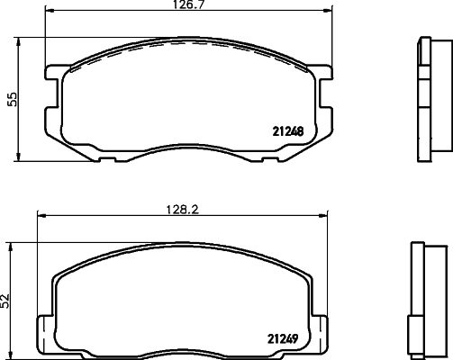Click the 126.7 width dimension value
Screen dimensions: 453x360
click(188, 4)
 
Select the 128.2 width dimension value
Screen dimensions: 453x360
click(183, 210)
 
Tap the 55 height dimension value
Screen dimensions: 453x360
click(14, 99)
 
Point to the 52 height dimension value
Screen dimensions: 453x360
click(5, 301)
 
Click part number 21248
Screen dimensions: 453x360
click(288, 131)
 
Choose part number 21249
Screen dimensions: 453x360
click(283, 339)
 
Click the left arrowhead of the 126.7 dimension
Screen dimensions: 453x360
click(49, 11)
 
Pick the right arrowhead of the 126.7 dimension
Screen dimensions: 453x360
click(329, 11)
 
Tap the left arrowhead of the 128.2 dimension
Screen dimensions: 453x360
click(41, 215)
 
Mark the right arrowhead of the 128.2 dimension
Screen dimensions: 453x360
click(323, 215)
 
